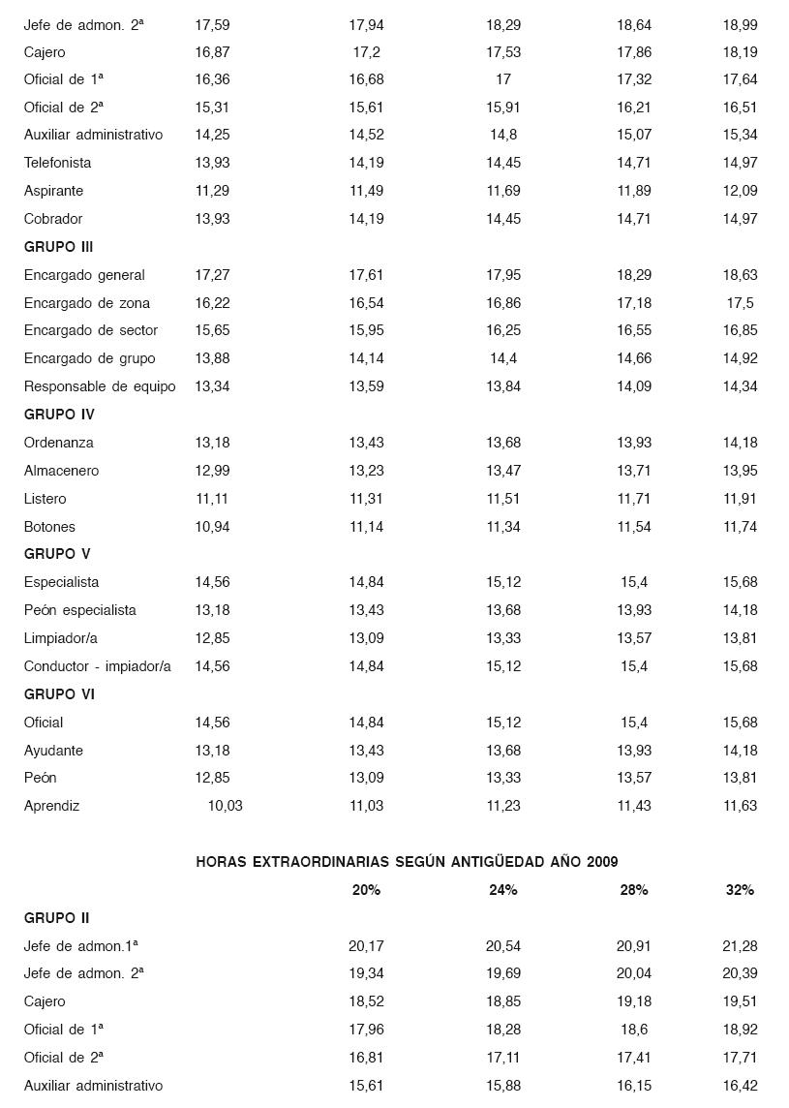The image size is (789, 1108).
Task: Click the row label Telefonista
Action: click(57, 163)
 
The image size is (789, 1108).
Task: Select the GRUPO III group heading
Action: click(58, 247)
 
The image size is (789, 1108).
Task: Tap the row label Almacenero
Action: click(61, 471)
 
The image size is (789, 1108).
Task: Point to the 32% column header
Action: click(740, 890)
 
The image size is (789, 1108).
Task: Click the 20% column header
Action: click(366, 890)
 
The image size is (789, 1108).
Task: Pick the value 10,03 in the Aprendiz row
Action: click(225, 806)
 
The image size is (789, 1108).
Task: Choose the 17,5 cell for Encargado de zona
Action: click(740, 303)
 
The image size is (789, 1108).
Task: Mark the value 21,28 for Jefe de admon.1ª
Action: click(740, 946)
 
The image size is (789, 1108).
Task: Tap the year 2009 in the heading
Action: click(601, 862)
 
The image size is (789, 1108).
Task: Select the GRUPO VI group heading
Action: click(59, 694)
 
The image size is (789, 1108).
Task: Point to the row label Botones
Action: click(49, 527)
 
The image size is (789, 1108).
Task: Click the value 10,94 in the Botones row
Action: click(212, 527)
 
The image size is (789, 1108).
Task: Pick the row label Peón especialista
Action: click(79, 610)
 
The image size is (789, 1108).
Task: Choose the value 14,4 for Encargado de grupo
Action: click(502, 358)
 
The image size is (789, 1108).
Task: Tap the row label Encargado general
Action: click(84, 275)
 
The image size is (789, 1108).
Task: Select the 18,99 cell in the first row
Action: click(740, 24)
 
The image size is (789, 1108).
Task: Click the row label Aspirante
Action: click(53, 191)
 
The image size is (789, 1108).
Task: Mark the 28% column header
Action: click(633, 890)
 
